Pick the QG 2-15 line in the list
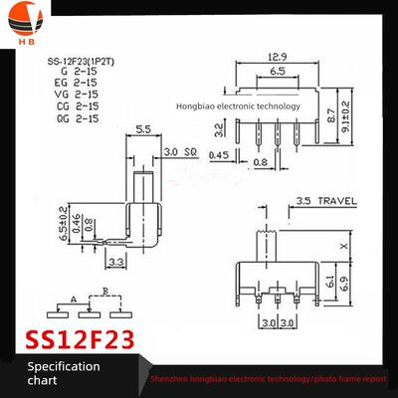79,117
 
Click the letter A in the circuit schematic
74,298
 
